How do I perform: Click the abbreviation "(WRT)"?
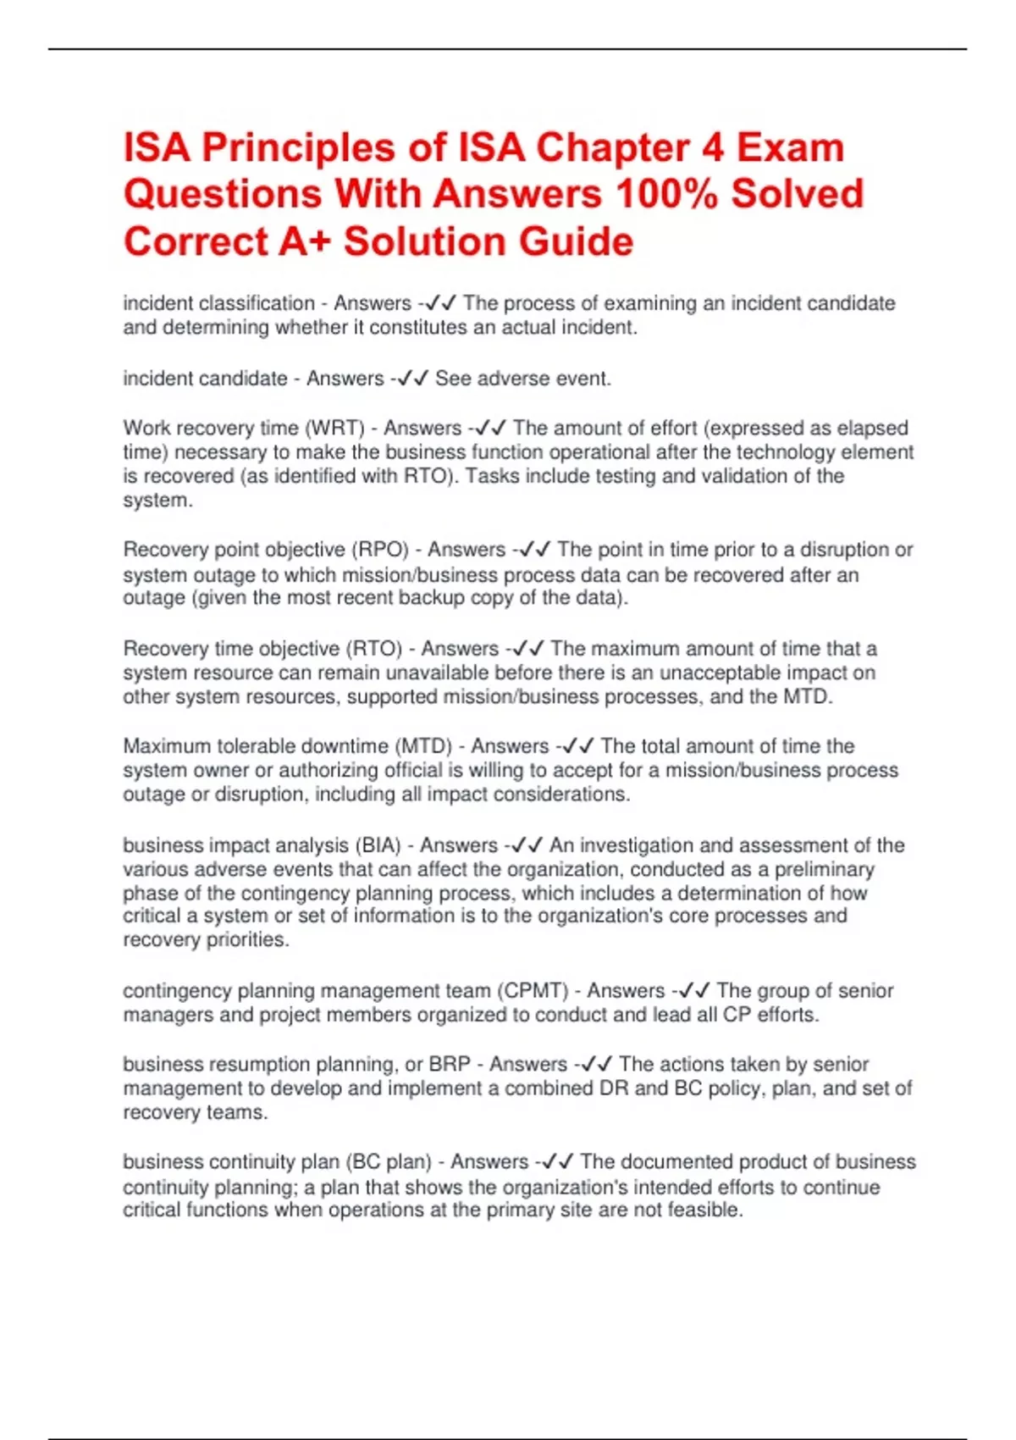[x=335, y=428]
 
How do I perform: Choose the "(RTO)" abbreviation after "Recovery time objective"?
[x=373, y=649]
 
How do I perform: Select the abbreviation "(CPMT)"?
[x=533, y=990]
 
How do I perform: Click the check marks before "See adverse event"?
[x=413, y=379]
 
